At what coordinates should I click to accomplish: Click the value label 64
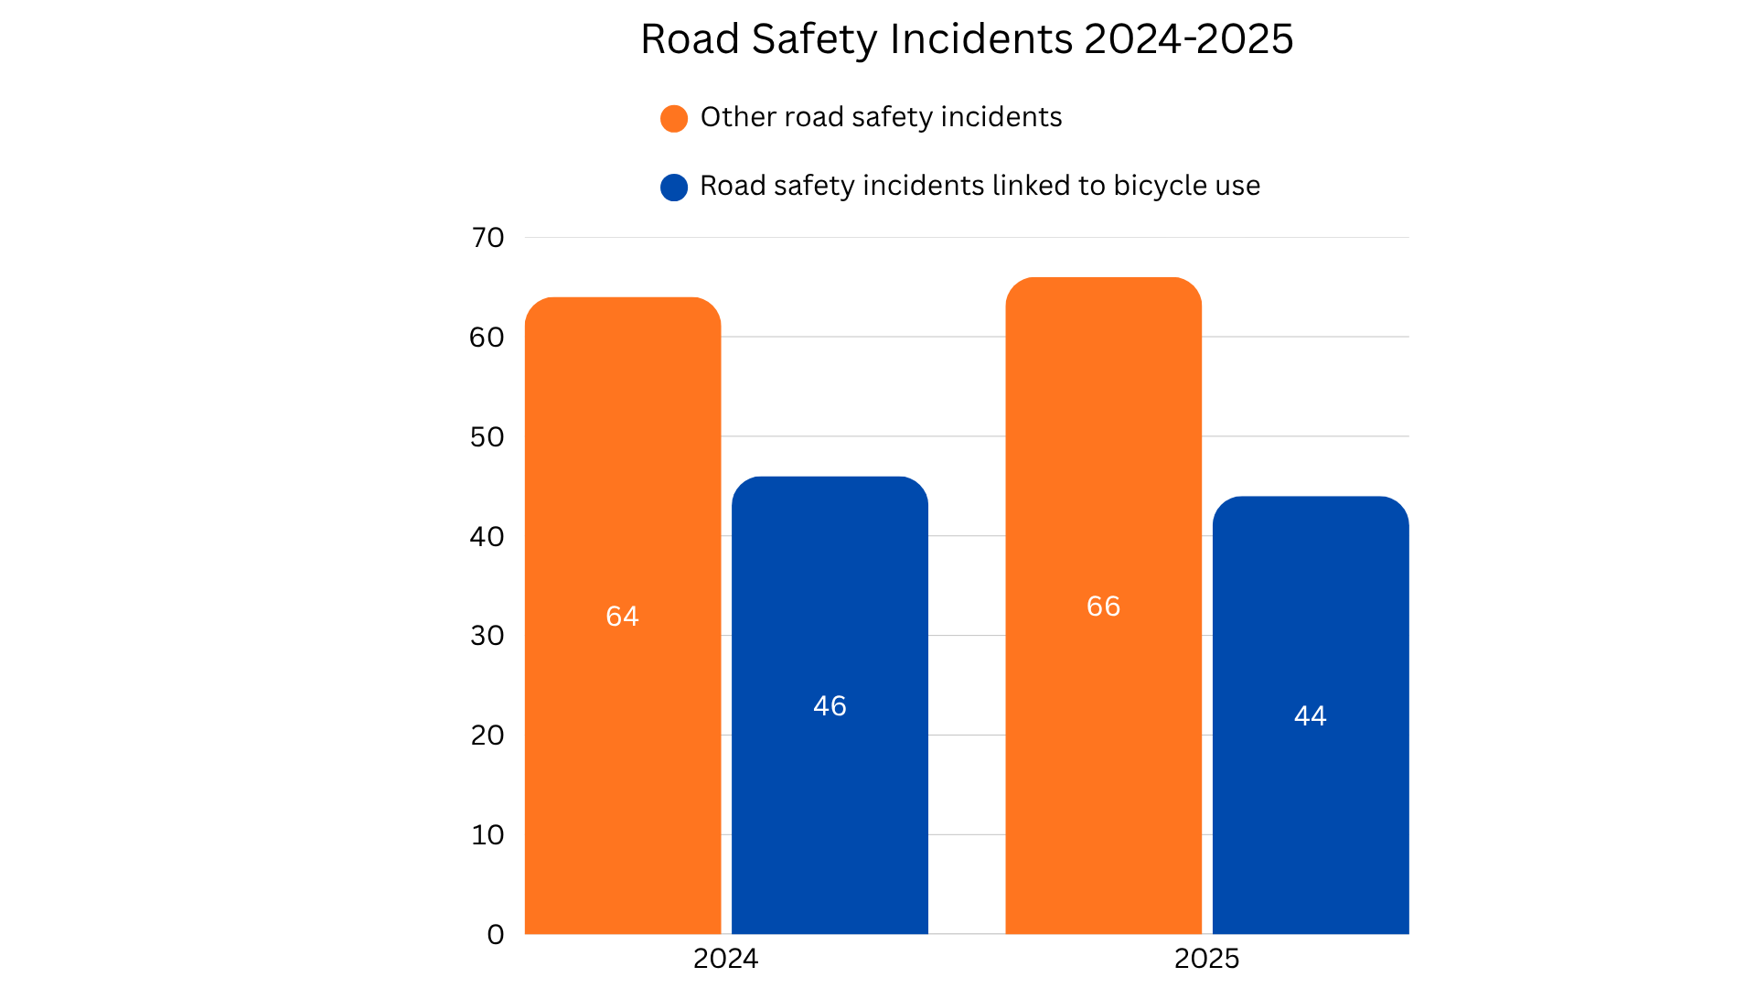pyautogui.click(x=622, y=616)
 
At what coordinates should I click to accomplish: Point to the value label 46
pyautogui.click(x=830, y=705)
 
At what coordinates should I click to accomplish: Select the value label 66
pyautogui.click(x=1103, y=606)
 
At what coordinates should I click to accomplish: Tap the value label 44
pyautogui.click(x=1310, y=715)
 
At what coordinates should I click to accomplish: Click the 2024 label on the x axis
pyautogui.click(x=725, y=958)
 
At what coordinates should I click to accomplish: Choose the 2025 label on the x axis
pyautogui.click(x=1206, y=958)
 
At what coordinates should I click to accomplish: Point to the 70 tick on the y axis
pyautogui.click(x=487, y=238)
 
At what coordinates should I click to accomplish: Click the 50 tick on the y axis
pyautogui.click(x=487, y=437)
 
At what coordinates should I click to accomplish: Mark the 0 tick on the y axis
pyautogui.click(x=496, y=934)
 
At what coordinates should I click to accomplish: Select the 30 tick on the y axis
pyautogui.click(x=487, y=636)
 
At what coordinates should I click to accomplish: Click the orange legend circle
pyautogui.click(x=674, y=119)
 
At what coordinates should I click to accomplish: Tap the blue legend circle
pyautogui.click(x=674, y=188)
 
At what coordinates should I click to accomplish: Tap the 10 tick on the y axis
pyautogui.click(x=487, y=834)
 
